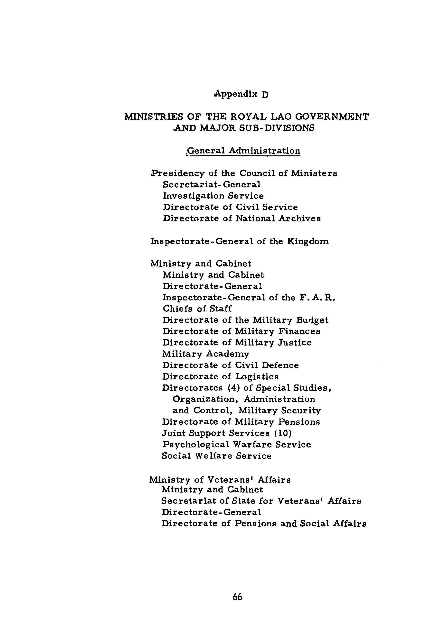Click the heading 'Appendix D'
241,94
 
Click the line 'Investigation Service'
213,196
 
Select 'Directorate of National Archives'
242,218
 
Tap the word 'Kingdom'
308,241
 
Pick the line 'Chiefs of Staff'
197,309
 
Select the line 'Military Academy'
205,354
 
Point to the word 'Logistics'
257,377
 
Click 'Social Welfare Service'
216,456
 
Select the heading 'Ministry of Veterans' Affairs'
220,480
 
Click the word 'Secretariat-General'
212,185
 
